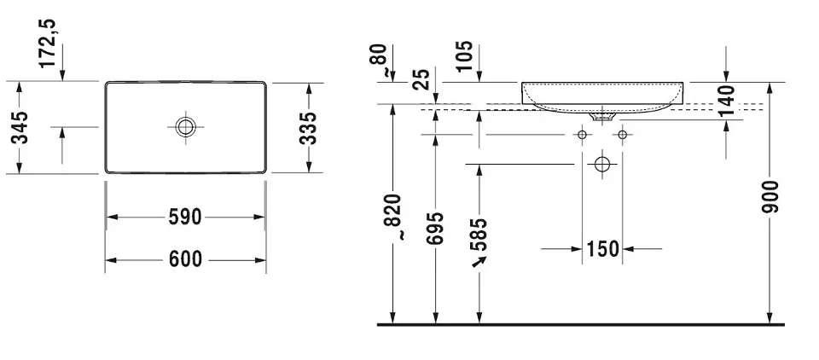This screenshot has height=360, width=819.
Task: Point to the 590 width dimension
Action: pyautogui.click(x=185, y=218)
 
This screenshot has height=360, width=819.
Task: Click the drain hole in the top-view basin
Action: pyautogui.click(x=185, y=127)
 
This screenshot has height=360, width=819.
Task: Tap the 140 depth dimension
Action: pyautogui.click(x=727, y=102)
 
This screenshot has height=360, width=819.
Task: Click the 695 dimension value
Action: pyautogui.click(x=436, y=229)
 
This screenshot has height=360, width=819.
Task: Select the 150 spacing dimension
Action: pyautogui.click(x=603, y=249)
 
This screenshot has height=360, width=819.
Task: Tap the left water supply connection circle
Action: pyautogui.click(x=583, y=134)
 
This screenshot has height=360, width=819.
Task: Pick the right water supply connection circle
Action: pyautogui.click(x=623, y=134)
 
